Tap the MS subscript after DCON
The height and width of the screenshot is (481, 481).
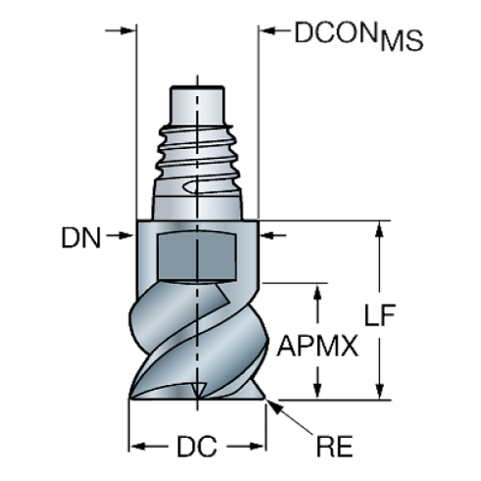pos(401,41)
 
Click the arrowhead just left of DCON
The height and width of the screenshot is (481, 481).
pos(265,31)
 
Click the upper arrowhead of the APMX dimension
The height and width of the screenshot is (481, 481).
pos(316,292)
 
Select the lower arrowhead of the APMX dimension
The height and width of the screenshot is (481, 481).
pos(316,393)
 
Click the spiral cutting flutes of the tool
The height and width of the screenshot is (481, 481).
pos(196,344)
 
